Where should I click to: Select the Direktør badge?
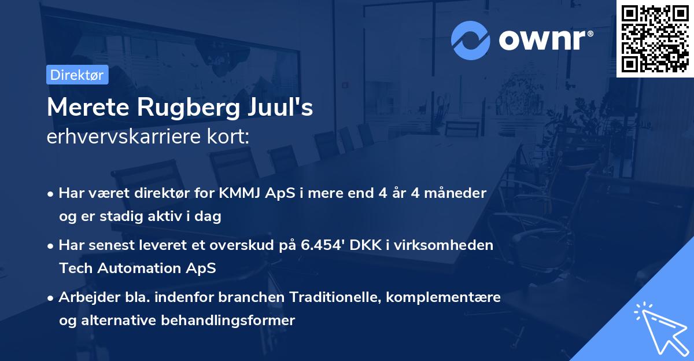(x=77, y=75)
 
